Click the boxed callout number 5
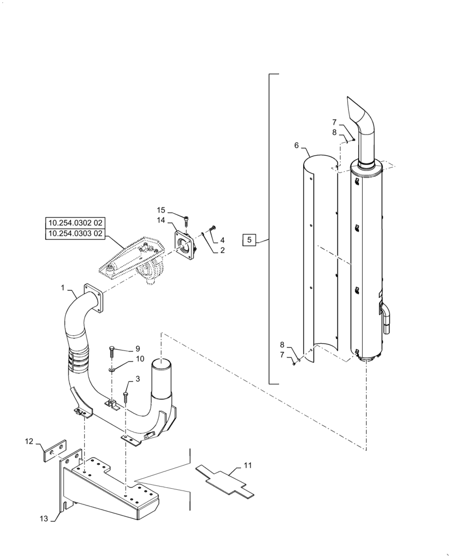pos(250,240)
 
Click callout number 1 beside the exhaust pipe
pos(63,288)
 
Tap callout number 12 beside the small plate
pos(29,442)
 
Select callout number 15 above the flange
pos(161,210)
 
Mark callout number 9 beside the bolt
pos(138,348)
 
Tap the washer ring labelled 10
pos(112,368)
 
